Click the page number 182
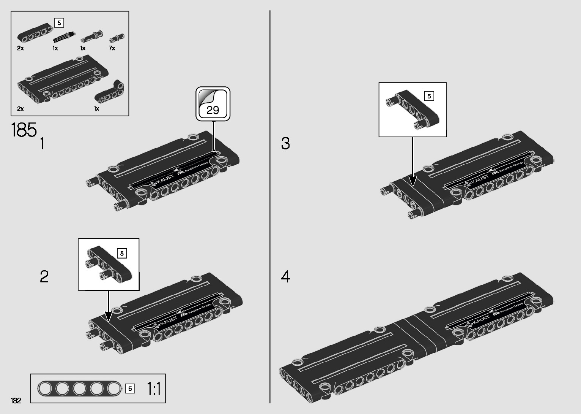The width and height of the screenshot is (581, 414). pos(16,400)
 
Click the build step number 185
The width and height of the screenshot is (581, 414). pos(24,130)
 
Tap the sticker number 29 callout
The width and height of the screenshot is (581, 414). pos(213,104)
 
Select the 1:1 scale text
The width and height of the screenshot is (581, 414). pos(154,389)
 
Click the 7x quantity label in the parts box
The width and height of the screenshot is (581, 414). pos(112,48)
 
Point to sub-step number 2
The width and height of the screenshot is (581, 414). pos(44,276)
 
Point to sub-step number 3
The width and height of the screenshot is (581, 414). pos(285,143)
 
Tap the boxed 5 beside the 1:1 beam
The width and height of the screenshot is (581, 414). pos(130,389)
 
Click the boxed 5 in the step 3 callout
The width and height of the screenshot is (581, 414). pos(429,96)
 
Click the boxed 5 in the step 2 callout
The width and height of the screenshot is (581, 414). pos(122,253)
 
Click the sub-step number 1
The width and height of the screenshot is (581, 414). pos(42,144)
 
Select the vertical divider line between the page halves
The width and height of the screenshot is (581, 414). pos(270,205)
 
